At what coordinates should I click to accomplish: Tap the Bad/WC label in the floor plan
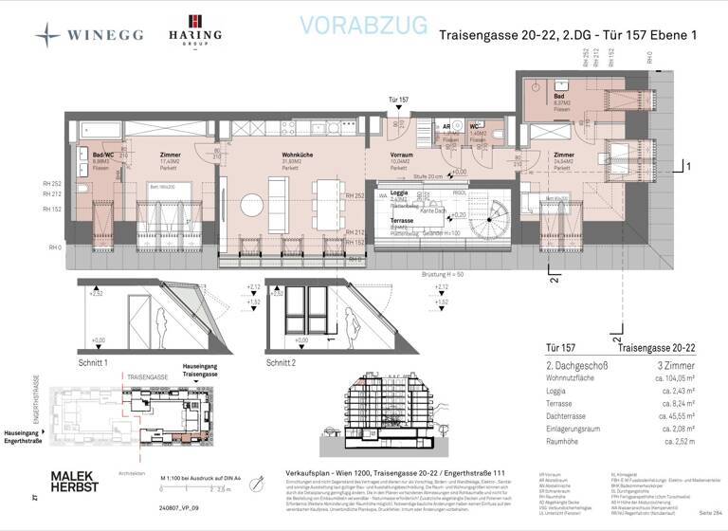coord(102,155)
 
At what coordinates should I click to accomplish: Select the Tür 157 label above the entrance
coord(398,100)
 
